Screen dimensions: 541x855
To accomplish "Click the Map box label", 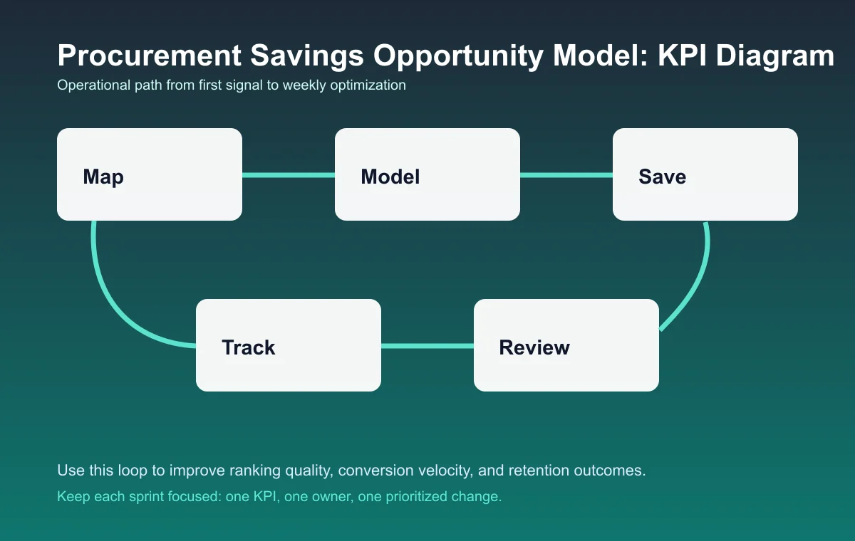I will pyautogui.click(x=103, y=177).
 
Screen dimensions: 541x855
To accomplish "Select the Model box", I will pyautogui.click(x=427, y=174).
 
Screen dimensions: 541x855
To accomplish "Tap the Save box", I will pyautogui.click(x=705, y=174).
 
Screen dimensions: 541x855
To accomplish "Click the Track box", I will pyautogui.click(x=289, y=345).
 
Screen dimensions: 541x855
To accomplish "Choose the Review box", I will pyautogui.click(x=566, y=345).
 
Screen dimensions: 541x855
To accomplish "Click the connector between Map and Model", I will pyautogui.click(x=289, y=174).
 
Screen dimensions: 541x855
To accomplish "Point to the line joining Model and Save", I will pyautogui.click(x=566, y=174).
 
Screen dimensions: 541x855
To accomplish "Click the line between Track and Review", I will pyautogui.click(x=427, y=346).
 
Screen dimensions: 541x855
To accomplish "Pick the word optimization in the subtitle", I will pyautogui.click(x=368, y=85).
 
